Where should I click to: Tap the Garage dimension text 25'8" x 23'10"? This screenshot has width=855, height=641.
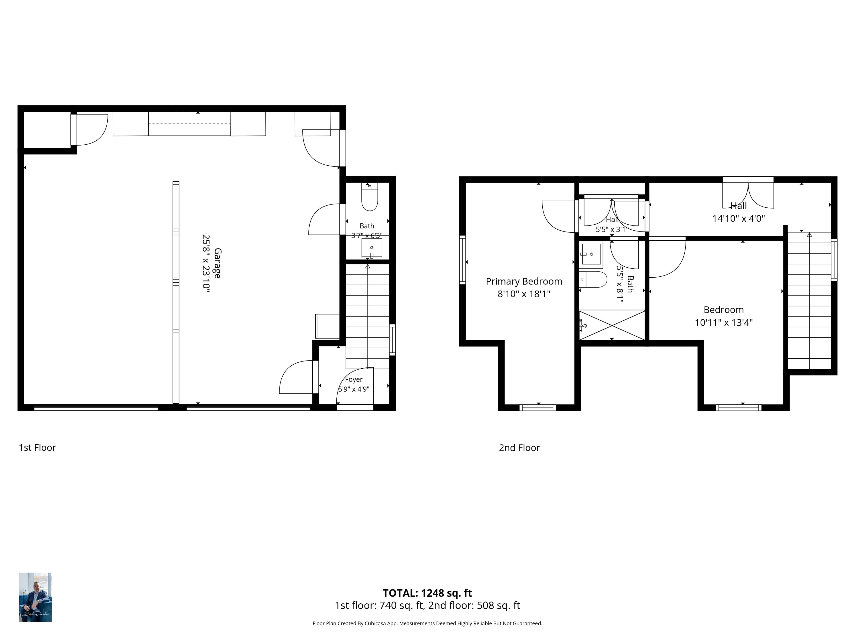coord(206,264)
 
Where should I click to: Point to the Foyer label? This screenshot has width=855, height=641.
coord(354,379)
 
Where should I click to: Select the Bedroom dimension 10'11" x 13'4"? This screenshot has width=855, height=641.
coord(724,322)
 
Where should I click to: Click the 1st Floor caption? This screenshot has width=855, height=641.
coord(37,447)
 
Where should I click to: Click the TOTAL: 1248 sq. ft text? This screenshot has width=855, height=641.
coord(427,593)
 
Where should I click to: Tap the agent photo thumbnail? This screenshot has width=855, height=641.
coord(36,597)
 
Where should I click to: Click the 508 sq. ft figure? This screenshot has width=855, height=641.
coord(498,605)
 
